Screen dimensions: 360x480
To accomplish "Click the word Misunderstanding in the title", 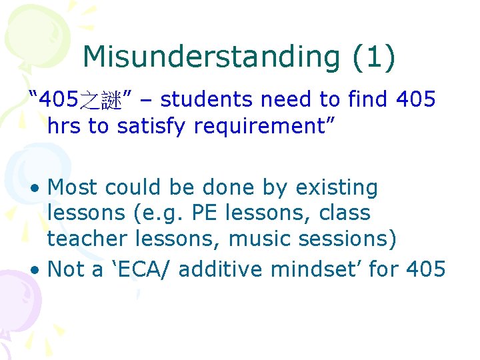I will coord(211,57).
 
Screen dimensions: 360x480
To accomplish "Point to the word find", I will coord(369,100).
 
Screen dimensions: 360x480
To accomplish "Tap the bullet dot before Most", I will coord(38,189).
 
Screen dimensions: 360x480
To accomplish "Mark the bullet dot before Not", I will coord(38,269).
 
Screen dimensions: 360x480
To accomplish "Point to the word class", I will coord(345,213).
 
